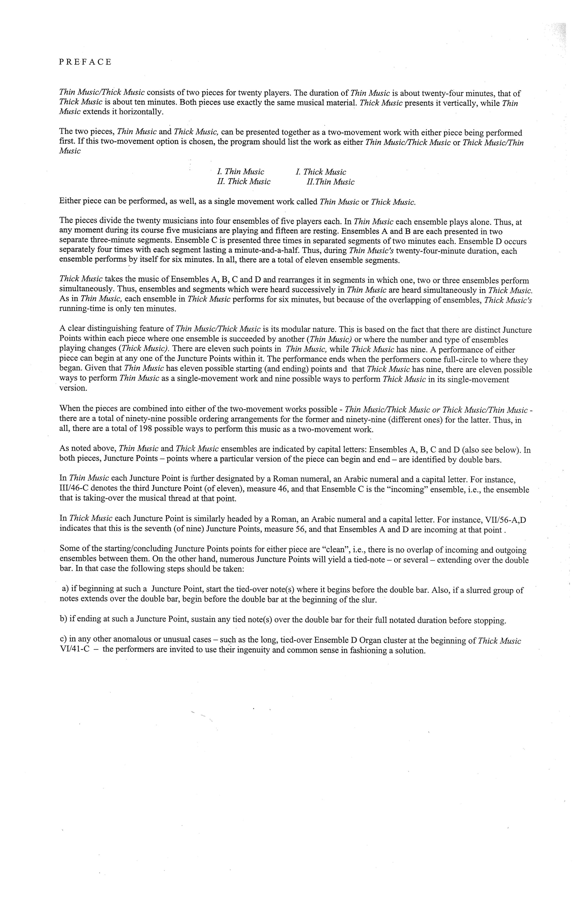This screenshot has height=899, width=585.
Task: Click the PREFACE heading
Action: (85, 62)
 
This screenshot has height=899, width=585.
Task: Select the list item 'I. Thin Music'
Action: (240, 172)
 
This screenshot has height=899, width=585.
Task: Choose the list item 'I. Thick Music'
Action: (321, 172)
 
